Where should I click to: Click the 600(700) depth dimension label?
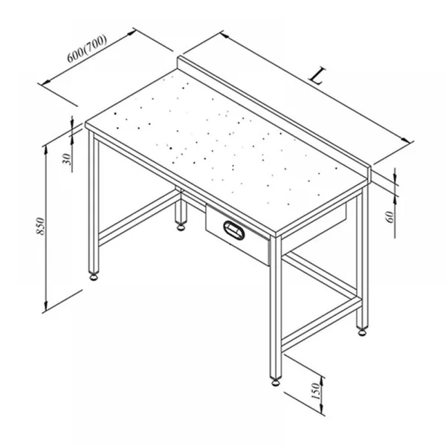(87, 48)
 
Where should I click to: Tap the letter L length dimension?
(317, 76)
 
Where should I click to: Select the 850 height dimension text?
(40, 226)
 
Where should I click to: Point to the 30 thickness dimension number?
(66, 159)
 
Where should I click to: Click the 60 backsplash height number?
(390, 217)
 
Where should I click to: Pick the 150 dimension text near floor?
(316, 391)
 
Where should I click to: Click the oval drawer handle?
(234, 230)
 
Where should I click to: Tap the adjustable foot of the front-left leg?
(94, 277)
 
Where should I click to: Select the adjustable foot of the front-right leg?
(276, 382)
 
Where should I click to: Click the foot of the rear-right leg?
(362, 332)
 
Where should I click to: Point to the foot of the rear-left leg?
(181, 227)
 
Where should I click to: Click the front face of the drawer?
(238, 234)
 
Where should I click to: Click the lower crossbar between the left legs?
(140, 218)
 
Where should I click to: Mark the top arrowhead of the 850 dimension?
(45, 150)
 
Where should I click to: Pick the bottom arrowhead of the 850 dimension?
(45, 306)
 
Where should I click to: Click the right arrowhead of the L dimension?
(406, 140)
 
